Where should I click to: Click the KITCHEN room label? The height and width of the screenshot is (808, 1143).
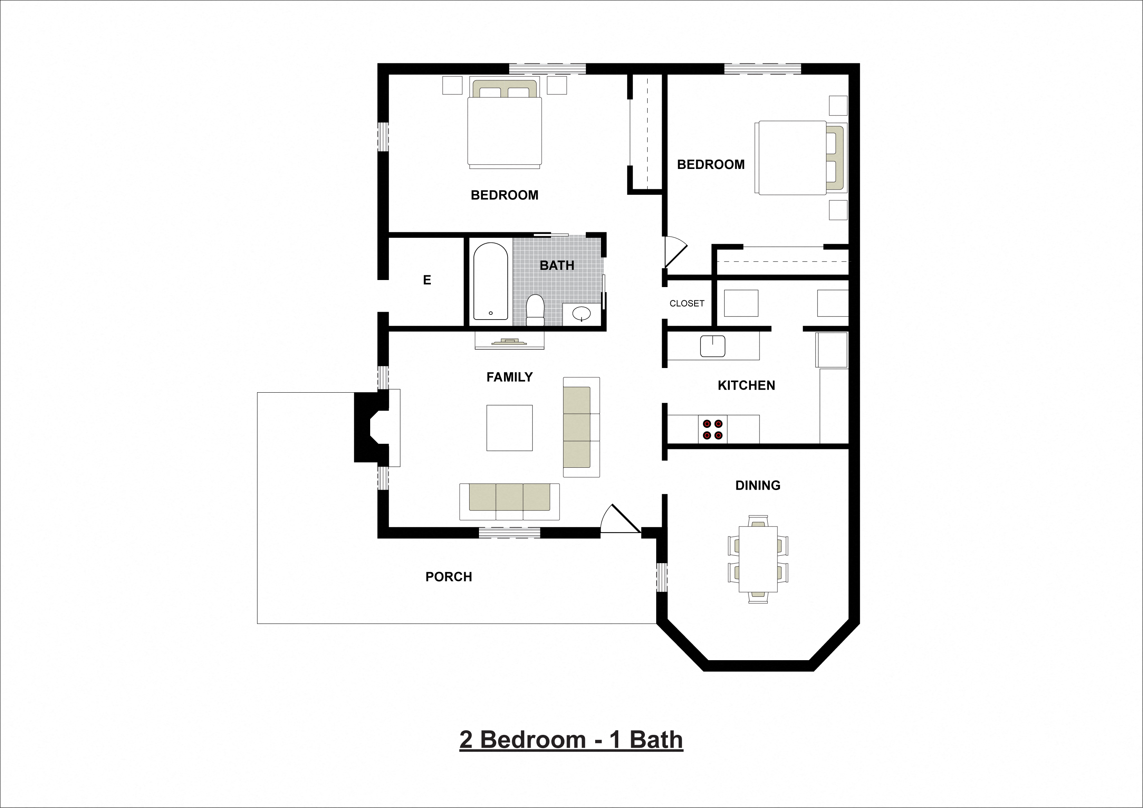746,386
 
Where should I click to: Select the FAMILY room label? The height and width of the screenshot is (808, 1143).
509,377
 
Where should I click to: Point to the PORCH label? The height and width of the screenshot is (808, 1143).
448,576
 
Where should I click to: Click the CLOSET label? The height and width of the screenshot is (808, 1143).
686,303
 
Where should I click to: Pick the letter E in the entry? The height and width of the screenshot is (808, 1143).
427,280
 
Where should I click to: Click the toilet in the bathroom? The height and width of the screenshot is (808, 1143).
535,309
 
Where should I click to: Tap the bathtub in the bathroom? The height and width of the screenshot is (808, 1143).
490,281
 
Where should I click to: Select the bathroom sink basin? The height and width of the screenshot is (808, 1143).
581,313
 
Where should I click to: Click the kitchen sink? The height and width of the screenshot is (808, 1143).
713,346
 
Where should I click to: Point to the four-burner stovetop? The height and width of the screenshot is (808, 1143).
713,429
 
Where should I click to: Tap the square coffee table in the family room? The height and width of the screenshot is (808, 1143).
509,428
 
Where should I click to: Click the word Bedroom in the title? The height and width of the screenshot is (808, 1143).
533,740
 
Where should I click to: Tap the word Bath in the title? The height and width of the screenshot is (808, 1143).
656,740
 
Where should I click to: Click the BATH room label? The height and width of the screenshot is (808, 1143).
556,266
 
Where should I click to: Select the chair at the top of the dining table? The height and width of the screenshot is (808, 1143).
758,521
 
